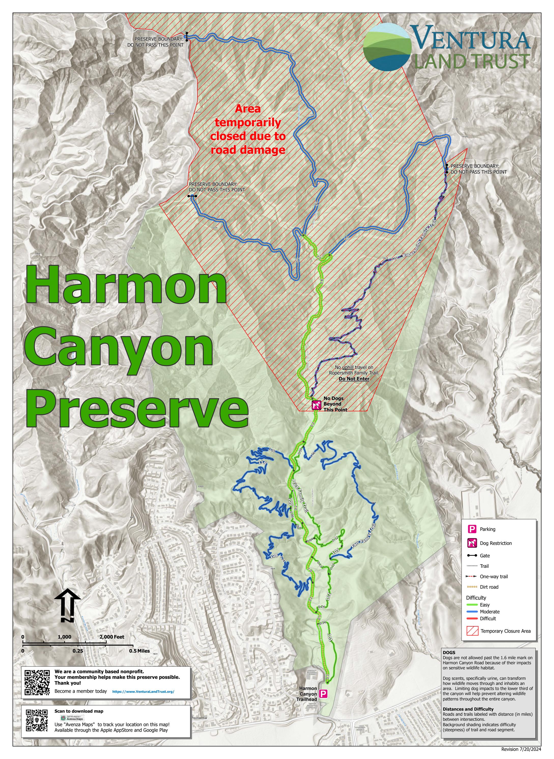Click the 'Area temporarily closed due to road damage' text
[x=248, y=129]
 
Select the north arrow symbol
[x=67, y=606]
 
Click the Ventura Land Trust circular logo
[x=387, y=47]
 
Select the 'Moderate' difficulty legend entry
[x=489, y=611]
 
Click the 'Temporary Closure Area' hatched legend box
[x=472, y=631]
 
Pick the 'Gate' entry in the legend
[x=485, y=555]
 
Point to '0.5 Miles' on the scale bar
[x=139, y=651]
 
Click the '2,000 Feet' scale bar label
[x=112, y=637]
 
